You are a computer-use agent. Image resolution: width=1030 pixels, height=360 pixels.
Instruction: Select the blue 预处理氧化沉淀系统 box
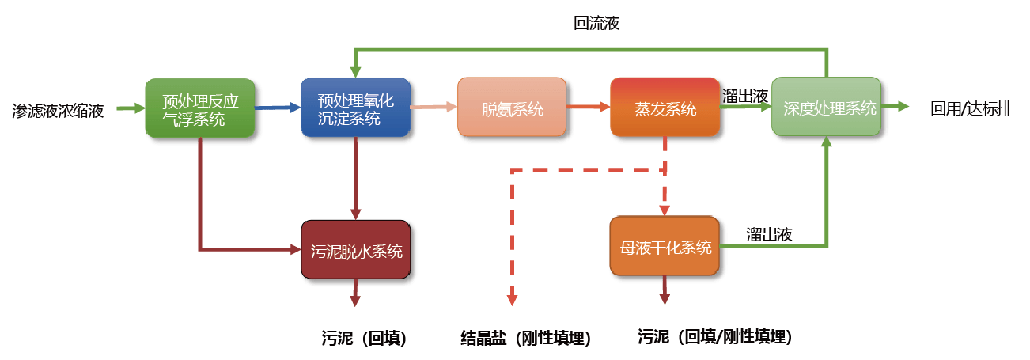[x=355, y=108]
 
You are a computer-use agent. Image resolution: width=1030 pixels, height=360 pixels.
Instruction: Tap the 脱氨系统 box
[x=512, y=108]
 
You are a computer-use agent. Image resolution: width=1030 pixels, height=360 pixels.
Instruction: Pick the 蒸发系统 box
[x=665, y=108]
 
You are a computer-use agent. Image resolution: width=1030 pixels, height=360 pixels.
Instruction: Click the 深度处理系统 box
[x=827, y=108]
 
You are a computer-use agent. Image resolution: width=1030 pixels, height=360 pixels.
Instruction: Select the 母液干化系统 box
[x=665, y=247]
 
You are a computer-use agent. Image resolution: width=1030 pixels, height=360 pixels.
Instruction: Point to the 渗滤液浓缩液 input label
[x=58, y=109]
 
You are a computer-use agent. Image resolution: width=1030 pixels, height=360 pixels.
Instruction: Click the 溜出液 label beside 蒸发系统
[x=746, y=96]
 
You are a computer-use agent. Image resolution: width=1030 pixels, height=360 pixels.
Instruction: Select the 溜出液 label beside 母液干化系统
[x=770, y=234]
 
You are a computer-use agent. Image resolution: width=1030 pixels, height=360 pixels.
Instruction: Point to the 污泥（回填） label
[x=364, y=338]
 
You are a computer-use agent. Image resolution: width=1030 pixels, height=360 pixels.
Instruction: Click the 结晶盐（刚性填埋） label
[x=525, y=338]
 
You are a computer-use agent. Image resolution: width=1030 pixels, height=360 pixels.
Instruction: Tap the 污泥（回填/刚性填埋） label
[x=714, y=337]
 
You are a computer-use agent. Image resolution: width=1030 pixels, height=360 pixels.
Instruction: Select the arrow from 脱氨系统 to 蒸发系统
[x=588, y=108]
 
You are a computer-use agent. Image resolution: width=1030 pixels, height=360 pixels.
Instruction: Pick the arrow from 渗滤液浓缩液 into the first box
[x=131, y=108]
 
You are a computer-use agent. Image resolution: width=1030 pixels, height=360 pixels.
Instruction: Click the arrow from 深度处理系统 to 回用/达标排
[x=896, y=107]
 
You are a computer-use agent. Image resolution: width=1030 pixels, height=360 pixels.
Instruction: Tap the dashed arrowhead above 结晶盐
[x=512, y=298]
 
